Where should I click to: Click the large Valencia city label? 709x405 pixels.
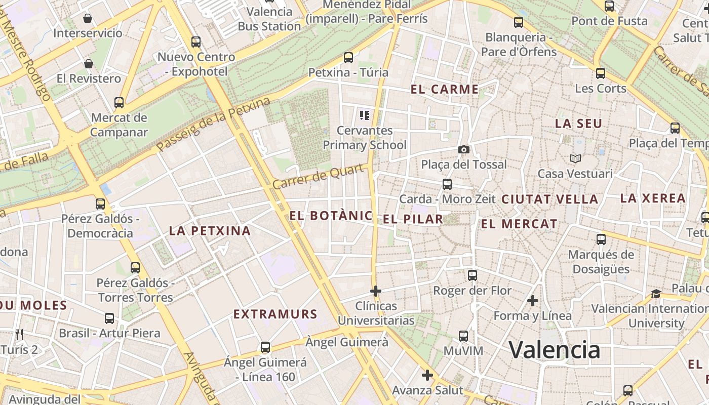tap(555, 350)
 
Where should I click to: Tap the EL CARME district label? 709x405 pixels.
tap(445, 90)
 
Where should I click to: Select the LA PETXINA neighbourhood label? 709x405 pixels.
tap(210, 231)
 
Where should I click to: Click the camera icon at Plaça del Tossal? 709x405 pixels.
tap(463, 149)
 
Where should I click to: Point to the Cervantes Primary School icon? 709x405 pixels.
tap(364, 115)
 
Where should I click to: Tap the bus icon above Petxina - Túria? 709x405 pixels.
tap(348, 58)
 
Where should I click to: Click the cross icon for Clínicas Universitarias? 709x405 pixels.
tap(375, 291)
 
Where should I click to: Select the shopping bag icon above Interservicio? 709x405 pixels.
tap(88, 19)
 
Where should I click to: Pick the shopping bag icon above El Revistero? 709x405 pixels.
tap(89, 64)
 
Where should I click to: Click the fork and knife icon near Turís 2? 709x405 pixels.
tap(19, 335)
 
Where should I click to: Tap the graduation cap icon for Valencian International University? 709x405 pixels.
tap(656, 294)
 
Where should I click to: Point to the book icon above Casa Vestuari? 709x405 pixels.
tap(575, 158)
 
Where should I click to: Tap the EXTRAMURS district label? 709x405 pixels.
tap(275, 314)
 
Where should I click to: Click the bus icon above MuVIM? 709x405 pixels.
tap(463, 336)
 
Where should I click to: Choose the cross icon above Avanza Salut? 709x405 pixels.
tap(427, 375)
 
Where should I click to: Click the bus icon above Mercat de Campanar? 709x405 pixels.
tap(119, 103)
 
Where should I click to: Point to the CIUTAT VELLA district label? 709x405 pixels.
tap(549, 199)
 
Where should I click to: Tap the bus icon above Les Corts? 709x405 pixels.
tap(601, 73)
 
